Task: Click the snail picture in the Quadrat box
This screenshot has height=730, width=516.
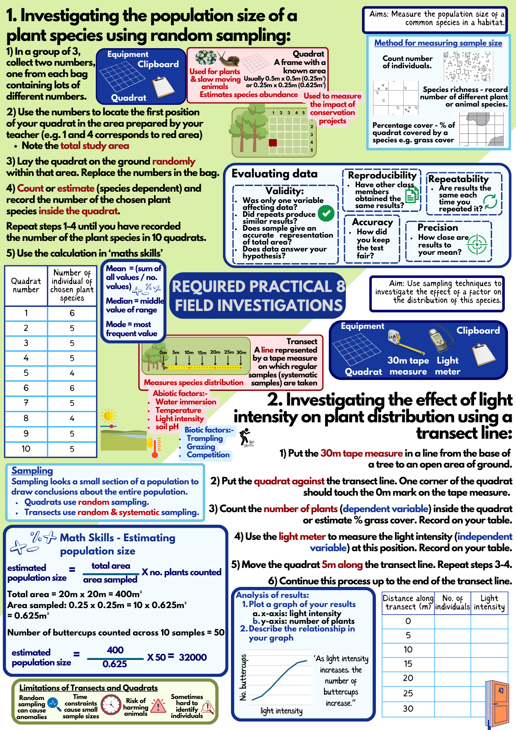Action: [230, 58]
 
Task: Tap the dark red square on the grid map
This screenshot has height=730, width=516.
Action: [273, 142]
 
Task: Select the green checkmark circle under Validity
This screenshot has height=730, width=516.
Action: [326, 214]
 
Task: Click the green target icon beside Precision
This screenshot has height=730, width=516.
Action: [477, 244]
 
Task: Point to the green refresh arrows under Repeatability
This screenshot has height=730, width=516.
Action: [490, 201]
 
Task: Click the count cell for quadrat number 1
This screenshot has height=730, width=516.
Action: [72, 313]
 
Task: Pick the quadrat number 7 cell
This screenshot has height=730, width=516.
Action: [26, 403]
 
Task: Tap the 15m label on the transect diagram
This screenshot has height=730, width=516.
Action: [202, 353]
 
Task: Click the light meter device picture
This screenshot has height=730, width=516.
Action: [438, 339]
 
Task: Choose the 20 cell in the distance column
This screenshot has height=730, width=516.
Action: [408, 678]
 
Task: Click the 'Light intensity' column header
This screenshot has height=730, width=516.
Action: [489, 603]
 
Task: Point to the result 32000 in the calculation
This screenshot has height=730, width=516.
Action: [193, 657]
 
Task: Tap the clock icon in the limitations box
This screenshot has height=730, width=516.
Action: [111, 705]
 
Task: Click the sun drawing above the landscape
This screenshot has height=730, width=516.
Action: [108, 416]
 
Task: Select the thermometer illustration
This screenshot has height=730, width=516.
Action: [155, 447]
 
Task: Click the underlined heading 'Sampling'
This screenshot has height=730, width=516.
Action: [32, 470]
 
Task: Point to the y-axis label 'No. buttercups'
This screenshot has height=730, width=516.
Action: [243, 677]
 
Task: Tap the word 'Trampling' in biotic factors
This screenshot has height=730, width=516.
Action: [205, 438]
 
